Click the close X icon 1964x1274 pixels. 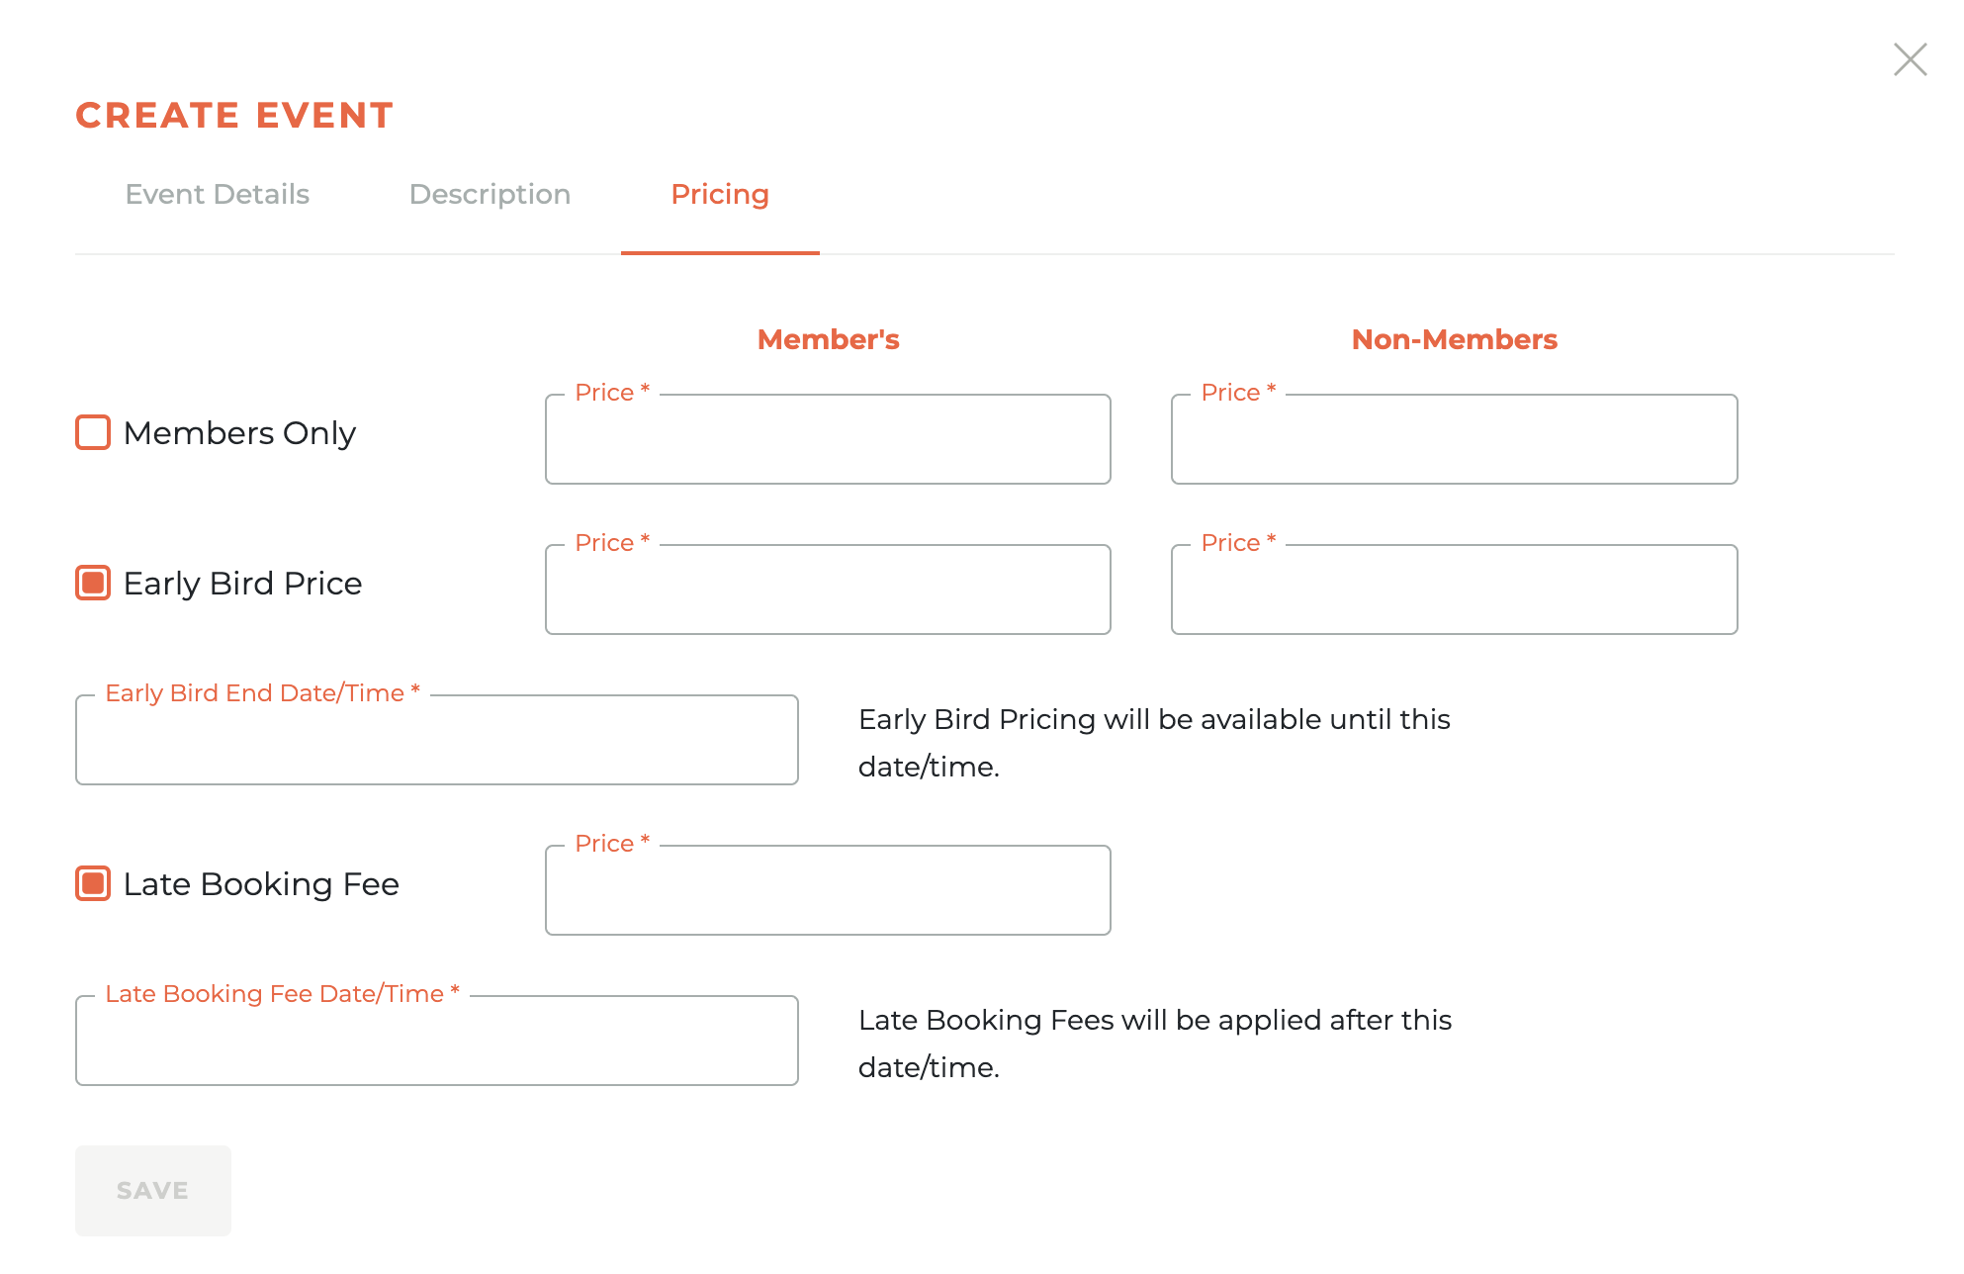tap(1910, 59)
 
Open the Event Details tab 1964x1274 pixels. tap(217, 194)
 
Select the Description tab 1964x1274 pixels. tap(490, 194)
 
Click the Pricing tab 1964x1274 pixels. tap(719, 194)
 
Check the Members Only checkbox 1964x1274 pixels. tap(93, 432)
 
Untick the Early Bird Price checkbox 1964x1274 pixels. tap(93, 583)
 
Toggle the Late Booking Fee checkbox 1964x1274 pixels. tap(93, 883)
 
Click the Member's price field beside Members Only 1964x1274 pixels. tap(828, 440)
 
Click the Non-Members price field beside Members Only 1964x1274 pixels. tap(1454, 440)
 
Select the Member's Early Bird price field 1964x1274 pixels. tap(828, 591)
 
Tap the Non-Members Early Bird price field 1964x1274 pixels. tap(1454, 591)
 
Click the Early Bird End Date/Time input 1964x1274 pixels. tap(436, 741)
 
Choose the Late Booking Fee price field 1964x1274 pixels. tap(828, 891)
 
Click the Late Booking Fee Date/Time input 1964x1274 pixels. tap(436, 1042)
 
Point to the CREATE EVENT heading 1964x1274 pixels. tap(234, 116)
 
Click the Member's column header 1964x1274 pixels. tap(828, 339)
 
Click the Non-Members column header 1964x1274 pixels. tap(1454, 339)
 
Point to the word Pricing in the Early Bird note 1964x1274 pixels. tap(1046, 720)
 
